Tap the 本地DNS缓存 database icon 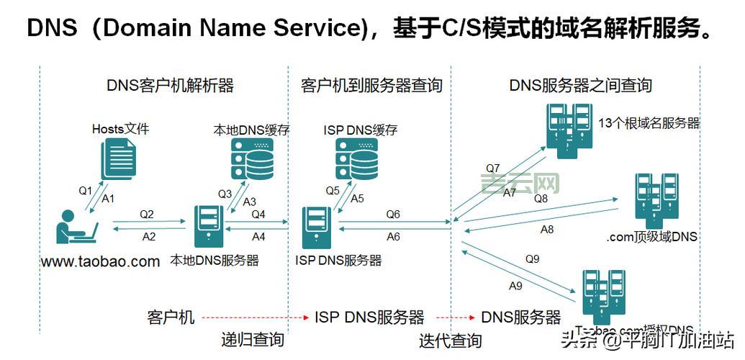[252, 160]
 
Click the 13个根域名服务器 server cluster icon [569, 127]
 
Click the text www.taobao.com [101, 261]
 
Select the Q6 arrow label [393, 215]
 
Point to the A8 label [547, 230]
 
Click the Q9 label [532, 258]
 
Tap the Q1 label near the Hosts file [86, 191]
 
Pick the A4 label [258, 236]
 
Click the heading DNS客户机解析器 [171, 86]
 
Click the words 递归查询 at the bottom [252, 340]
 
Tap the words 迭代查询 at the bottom [451, 340]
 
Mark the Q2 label [147, 215]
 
